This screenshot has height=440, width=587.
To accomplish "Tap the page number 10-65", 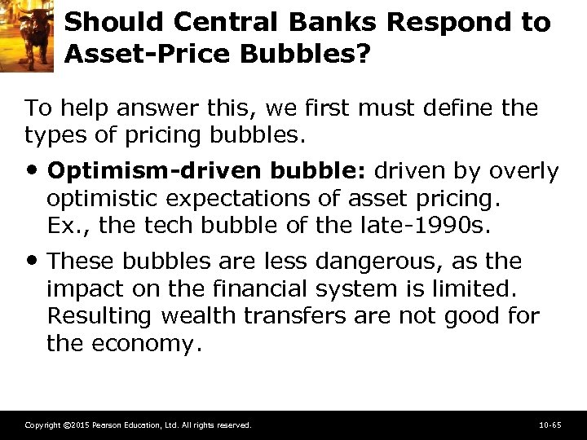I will (x=549, y=425).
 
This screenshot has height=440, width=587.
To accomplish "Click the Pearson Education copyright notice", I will (x=138, y=425).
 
